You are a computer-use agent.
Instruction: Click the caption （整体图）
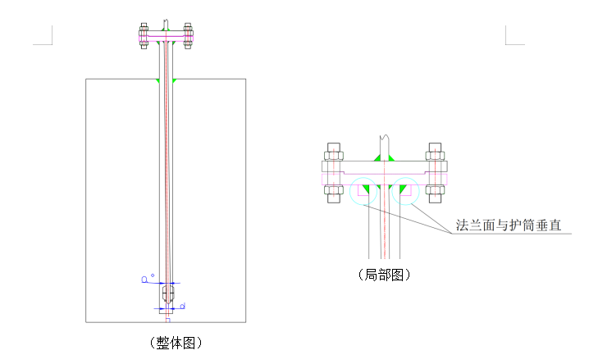coord(175,343)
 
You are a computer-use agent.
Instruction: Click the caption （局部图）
coord(383,275)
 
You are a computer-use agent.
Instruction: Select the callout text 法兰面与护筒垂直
coord(509,225)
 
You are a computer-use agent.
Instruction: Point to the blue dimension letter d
coord(181,307)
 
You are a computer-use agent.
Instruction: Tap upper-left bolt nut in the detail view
coord(333,153)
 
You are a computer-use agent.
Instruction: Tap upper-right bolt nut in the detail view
coord(436,153)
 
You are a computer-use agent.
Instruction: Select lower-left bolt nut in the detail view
coord(333,193)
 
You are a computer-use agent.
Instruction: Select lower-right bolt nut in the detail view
coord(436,193)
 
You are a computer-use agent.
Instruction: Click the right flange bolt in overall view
coord(188,37)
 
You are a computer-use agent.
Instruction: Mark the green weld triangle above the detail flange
coord(384,155)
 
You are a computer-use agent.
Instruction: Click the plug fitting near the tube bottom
coord(168,294)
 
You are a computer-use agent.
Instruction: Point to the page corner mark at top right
coord(514,35)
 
